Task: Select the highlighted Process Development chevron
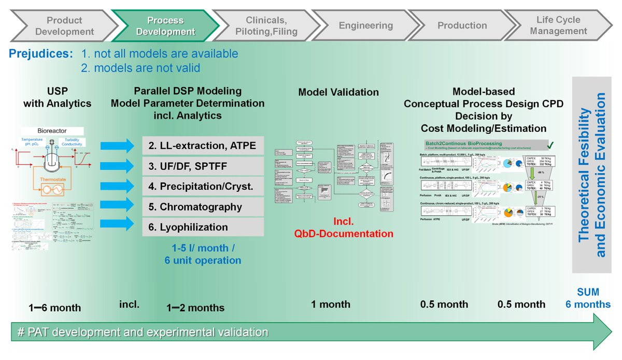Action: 165,26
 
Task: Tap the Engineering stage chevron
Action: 365,25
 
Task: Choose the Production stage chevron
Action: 462,25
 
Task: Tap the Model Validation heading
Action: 338,92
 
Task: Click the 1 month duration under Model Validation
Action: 330,304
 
